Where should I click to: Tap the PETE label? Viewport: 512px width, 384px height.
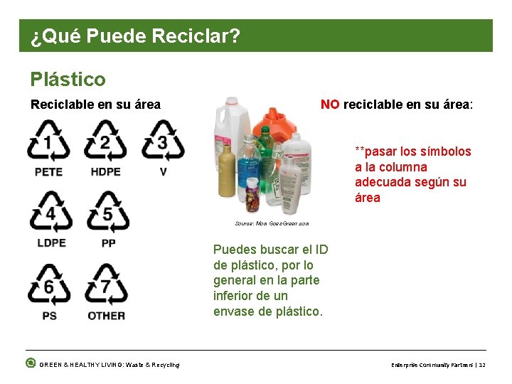[48, 172]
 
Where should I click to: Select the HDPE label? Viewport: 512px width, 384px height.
[105, 172]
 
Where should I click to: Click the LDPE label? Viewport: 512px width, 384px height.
[50, 243]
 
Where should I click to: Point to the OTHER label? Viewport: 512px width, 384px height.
[107, 315]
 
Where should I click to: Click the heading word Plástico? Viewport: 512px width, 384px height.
[68, 79]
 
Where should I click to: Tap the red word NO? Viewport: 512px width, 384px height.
[330, 105]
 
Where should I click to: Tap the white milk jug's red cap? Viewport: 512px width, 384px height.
[230, 102]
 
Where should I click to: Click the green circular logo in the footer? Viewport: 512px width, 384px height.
[30, 363]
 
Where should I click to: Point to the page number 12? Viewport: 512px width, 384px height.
[482, 365]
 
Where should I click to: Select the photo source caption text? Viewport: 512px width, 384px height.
[272, 223]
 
